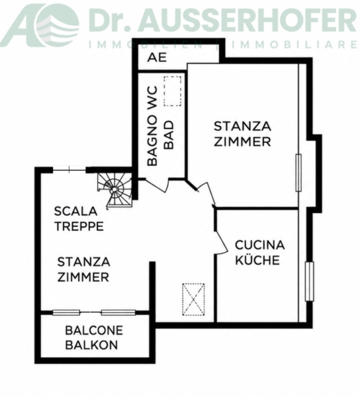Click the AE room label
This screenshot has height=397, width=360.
[x=157, y=58]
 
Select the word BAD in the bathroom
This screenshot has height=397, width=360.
[x=169, y=135]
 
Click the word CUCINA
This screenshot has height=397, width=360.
[x=259, y=245]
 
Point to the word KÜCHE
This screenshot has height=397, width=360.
[x=257, y=259]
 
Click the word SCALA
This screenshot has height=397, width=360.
[x=75, y=211]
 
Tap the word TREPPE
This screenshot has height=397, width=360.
[x=79, y=226]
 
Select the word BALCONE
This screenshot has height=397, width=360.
[x=94, y=330]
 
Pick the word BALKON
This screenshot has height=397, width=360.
[x=91, y=345]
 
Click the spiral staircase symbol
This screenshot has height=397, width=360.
[x=115, y=189]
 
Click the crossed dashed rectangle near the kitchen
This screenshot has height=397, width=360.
[x=193, y=300]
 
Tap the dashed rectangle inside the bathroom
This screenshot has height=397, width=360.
[x=173, y=91]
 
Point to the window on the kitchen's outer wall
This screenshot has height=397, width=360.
[x=309, y=281]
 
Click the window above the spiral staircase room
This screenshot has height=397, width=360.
[x=69, y=170]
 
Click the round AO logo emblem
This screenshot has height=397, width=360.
[x=57, y=25]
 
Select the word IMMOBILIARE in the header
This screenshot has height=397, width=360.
[x=292, y=45]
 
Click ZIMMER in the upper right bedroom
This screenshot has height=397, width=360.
[x=242, y=142]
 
